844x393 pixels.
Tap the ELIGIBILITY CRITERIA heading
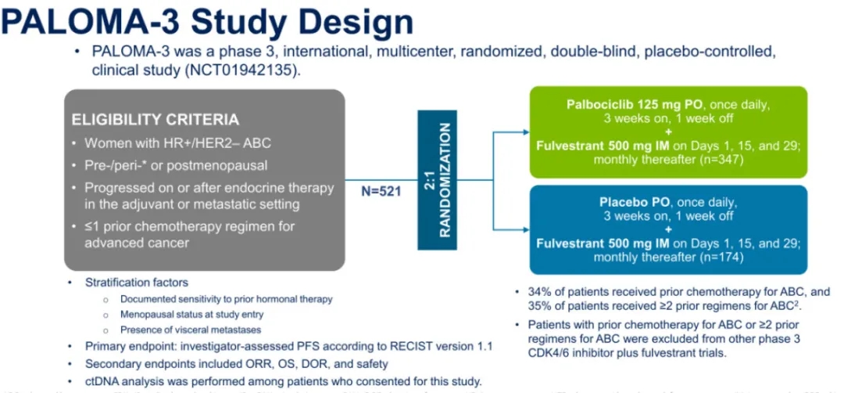[x=156, y=121]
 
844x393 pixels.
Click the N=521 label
[x=380, y=189]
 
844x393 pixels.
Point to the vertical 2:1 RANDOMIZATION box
[x=436, y=180]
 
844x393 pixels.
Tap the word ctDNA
[x=104, y=381]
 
